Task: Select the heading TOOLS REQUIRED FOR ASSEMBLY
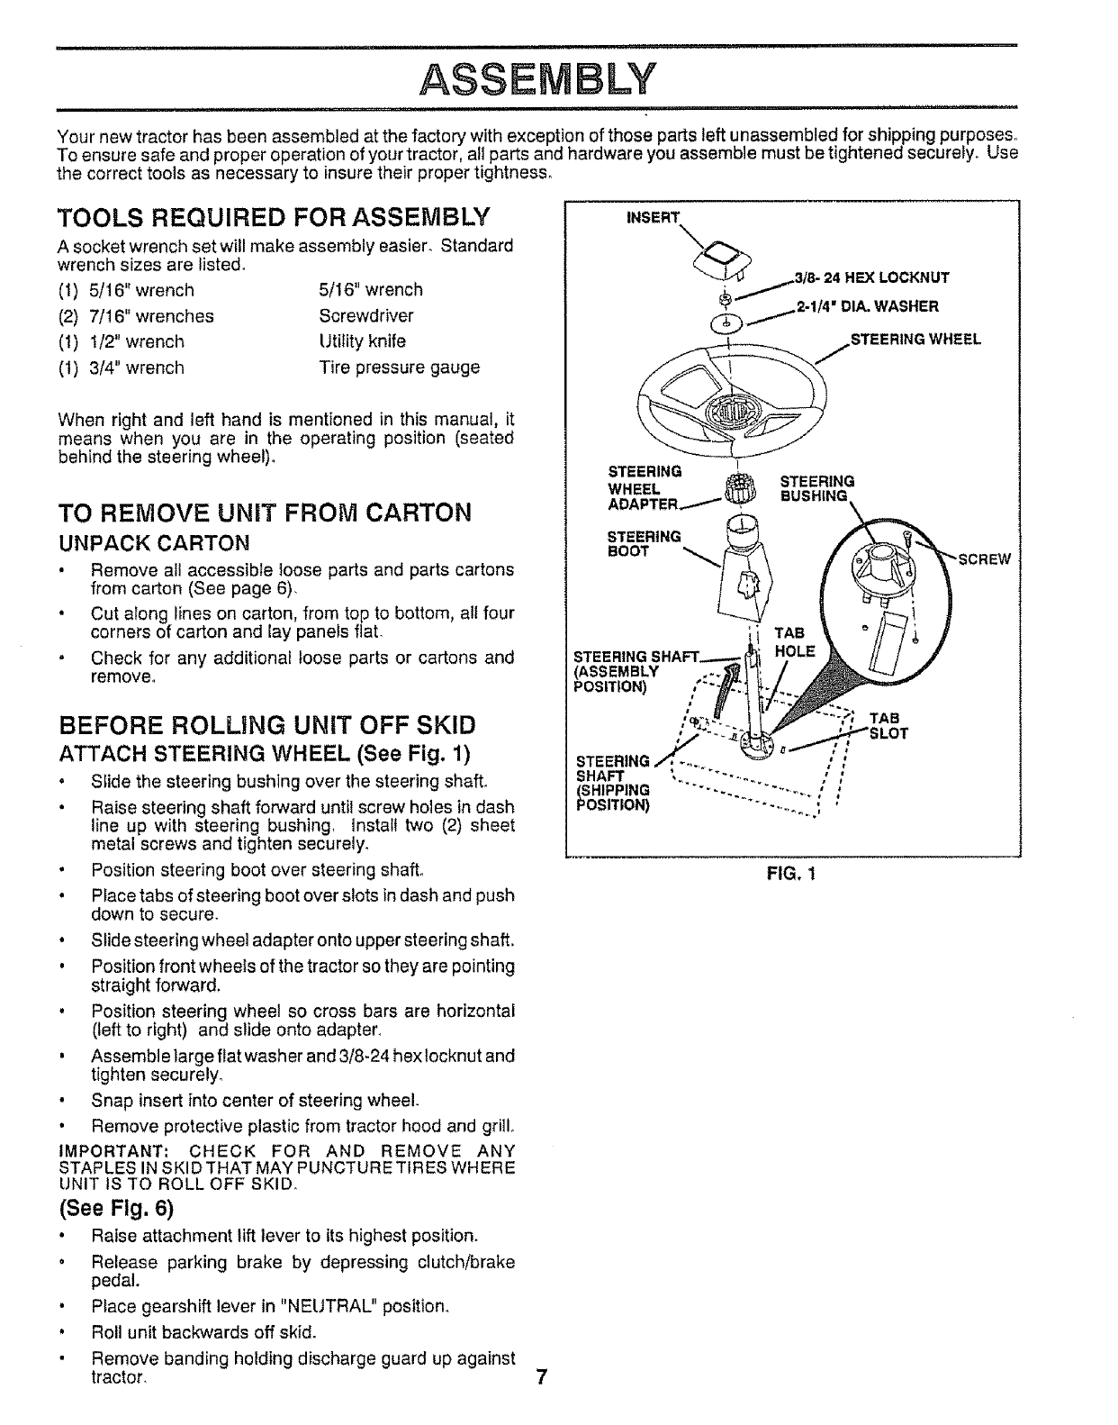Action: pyautogui.click(x=274, y=218)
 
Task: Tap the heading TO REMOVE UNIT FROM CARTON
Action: pyautogui.click(x=264, y=513)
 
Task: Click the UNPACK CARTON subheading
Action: pyautogui.click(x=153, y=543)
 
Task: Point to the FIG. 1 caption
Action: pyautogui.click(x=791, y=873)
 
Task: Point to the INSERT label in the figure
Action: pyautogui.click(x=662, y=215)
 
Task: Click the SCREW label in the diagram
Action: pyautogui.click(x=986, y=558)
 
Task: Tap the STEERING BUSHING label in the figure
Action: pyautogui.click(x=816, y=488)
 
